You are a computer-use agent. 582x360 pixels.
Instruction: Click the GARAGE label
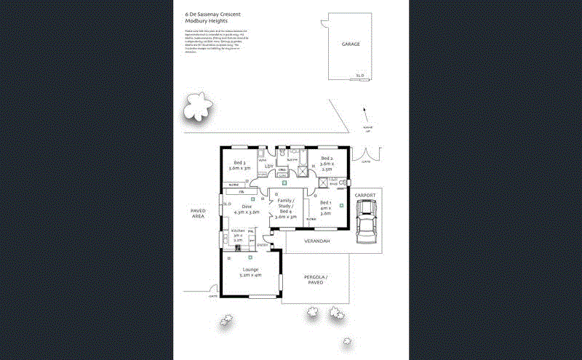tap(351, 44)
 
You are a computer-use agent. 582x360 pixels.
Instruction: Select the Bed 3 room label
tap(239, 165)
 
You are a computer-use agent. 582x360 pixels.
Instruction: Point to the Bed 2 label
tap(326, 164)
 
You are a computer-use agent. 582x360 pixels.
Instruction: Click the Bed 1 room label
tap(325, 207)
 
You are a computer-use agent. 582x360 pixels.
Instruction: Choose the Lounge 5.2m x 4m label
tap(250, 272)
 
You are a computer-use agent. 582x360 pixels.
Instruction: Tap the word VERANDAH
tap(316, 241)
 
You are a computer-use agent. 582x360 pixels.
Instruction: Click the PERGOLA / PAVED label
tap(316, 280)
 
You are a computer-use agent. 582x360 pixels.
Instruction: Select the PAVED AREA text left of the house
tap(199, 214)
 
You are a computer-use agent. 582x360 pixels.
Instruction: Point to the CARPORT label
tap(364, 196)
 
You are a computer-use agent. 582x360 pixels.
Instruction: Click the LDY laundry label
tap(268, 167)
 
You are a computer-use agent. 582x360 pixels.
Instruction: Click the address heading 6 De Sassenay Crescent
tap(213, 14)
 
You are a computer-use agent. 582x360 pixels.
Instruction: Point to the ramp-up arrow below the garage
tap(365, 115)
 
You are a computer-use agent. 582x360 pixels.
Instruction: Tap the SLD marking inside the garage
tap(359, 76)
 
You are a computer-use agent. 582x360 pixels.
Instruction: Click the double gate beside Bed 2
tap(360, 155)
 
